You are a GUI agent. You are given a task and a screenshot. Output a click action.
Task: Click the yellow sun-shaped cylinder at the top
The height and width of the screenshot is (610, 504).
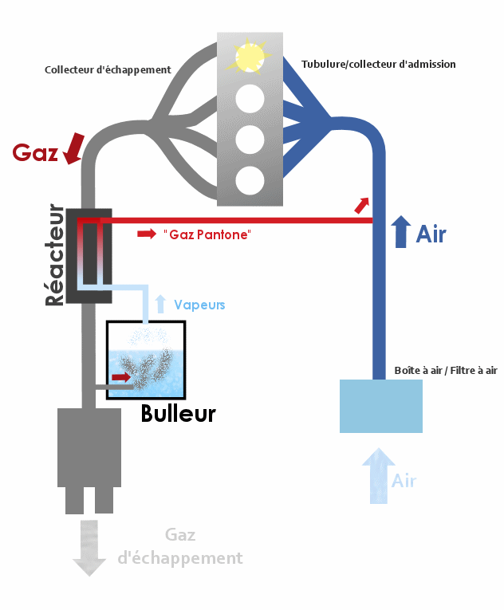(250, 55)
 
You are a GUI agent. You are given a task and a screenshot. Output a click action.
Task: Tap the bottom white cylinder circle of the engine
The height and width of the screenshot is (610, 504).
(250, 179)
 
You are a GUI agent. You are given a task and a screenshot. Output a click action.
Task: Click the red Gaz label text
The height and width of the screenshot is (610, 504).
(36, 152)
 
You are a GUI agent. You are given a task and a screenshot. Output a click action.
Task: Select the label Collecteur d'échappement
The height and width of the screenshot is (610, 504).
(108, 69)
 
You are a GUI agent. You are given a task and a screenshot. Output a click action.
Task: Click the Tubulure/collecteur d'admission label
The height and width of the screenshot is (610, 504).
(379, 64)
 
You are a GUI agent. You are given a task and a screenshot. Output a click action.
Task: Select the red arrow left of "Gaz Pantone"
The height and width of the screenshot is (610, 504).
(147, 234)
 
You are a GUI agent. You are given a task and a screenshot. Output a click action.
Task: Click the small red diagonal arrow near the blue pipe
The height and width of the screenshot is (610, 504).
(362, 206)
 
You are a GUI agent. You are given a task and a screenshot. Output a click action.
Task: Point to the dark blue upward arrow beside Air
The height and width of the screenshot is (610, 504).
(401, 232)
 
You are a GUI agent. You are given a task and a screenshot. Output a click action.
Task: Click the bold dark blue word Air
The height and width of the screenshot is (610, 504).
(431, 234)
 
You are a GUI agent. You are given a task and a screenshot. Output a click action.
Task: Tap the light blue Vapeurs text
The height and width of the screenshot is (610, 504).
(199, 305)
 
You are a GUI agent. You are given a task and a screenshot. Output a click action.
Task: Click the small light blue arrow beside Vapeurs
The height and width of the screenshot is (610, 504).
(160, 303)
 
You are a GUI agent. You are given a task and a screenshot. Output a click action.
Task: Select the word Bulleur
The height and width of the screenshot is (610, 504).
(178, 414)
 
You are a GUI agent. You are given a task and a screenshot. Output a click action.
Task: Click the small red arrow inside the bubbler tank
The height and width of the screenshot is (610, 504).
(120, 376)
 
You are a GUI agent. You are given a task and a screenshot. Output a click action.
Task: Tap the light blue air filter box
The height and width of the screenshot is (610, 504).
(380, 406)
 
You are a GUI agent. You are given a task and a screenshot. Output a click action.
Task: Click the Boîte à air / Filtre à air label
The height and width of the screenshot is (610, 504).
(446, 370)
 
